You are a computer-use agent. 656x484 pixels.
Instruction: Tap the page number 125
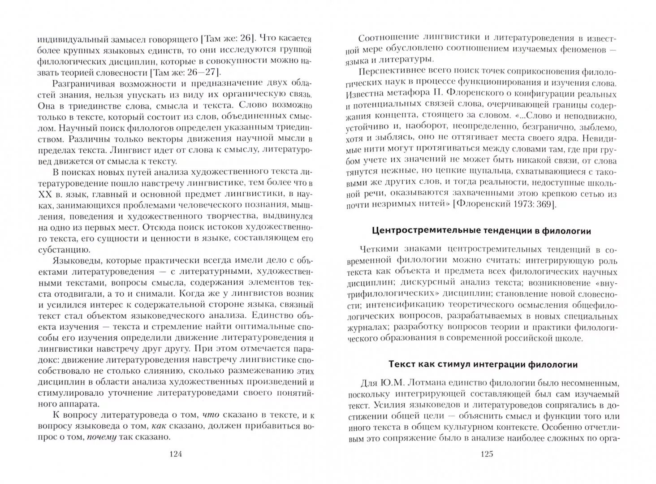(487, 454)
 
